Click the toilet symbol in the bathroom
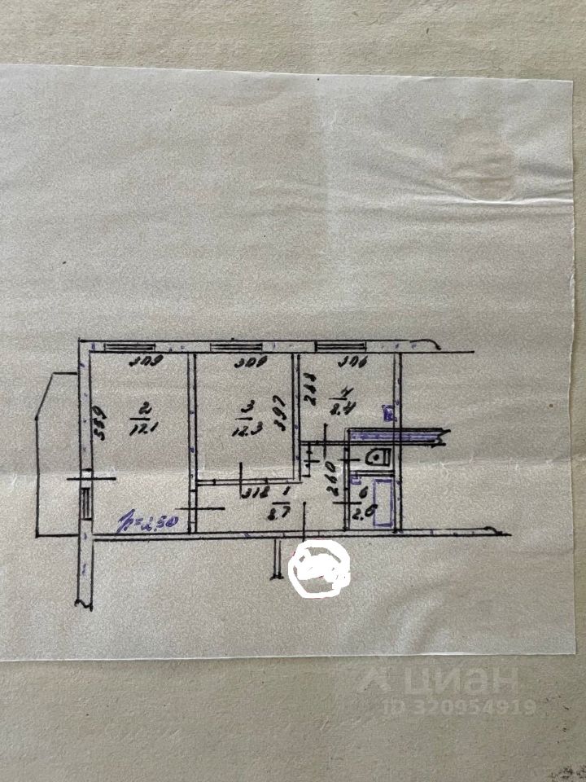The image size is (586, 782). click(378, 458)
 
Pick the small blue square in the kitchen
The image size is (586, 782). click(389, 413)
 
